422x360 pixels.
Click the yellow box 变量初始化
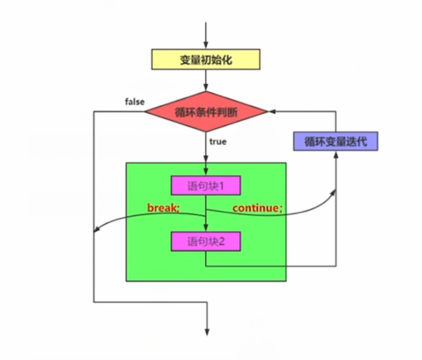[x=206, y=59]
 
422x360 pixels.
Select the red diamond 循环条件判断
[x=206, y=112]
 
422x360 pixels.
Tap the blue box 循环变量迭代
[x=336, y=141]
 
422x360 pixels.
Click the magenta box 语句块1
[x=205, y=187]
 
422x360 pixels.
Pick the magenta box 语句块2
[x=205, y=241]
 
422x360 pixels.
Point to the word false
[x=135, y=102]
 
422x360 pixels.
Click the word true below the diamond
[x=217, y=141]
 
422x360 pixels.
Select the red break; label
[x=163, y=208]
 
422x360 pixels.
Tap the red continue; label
[x=258, y=208]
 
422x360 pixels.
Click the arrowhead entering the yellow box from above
[x=206, y=47]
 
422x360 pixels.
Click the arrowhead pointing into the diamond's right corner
[x=270, y=112]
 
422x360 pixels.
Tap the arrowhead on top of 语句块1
[x=206, y=174]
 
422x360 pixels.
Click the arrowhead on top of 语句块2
[x=206, y=229]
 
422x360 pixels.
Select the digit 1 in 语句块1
[x=222, y=187]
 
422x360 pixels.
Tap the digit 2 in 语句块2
[x=222, y=241]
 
